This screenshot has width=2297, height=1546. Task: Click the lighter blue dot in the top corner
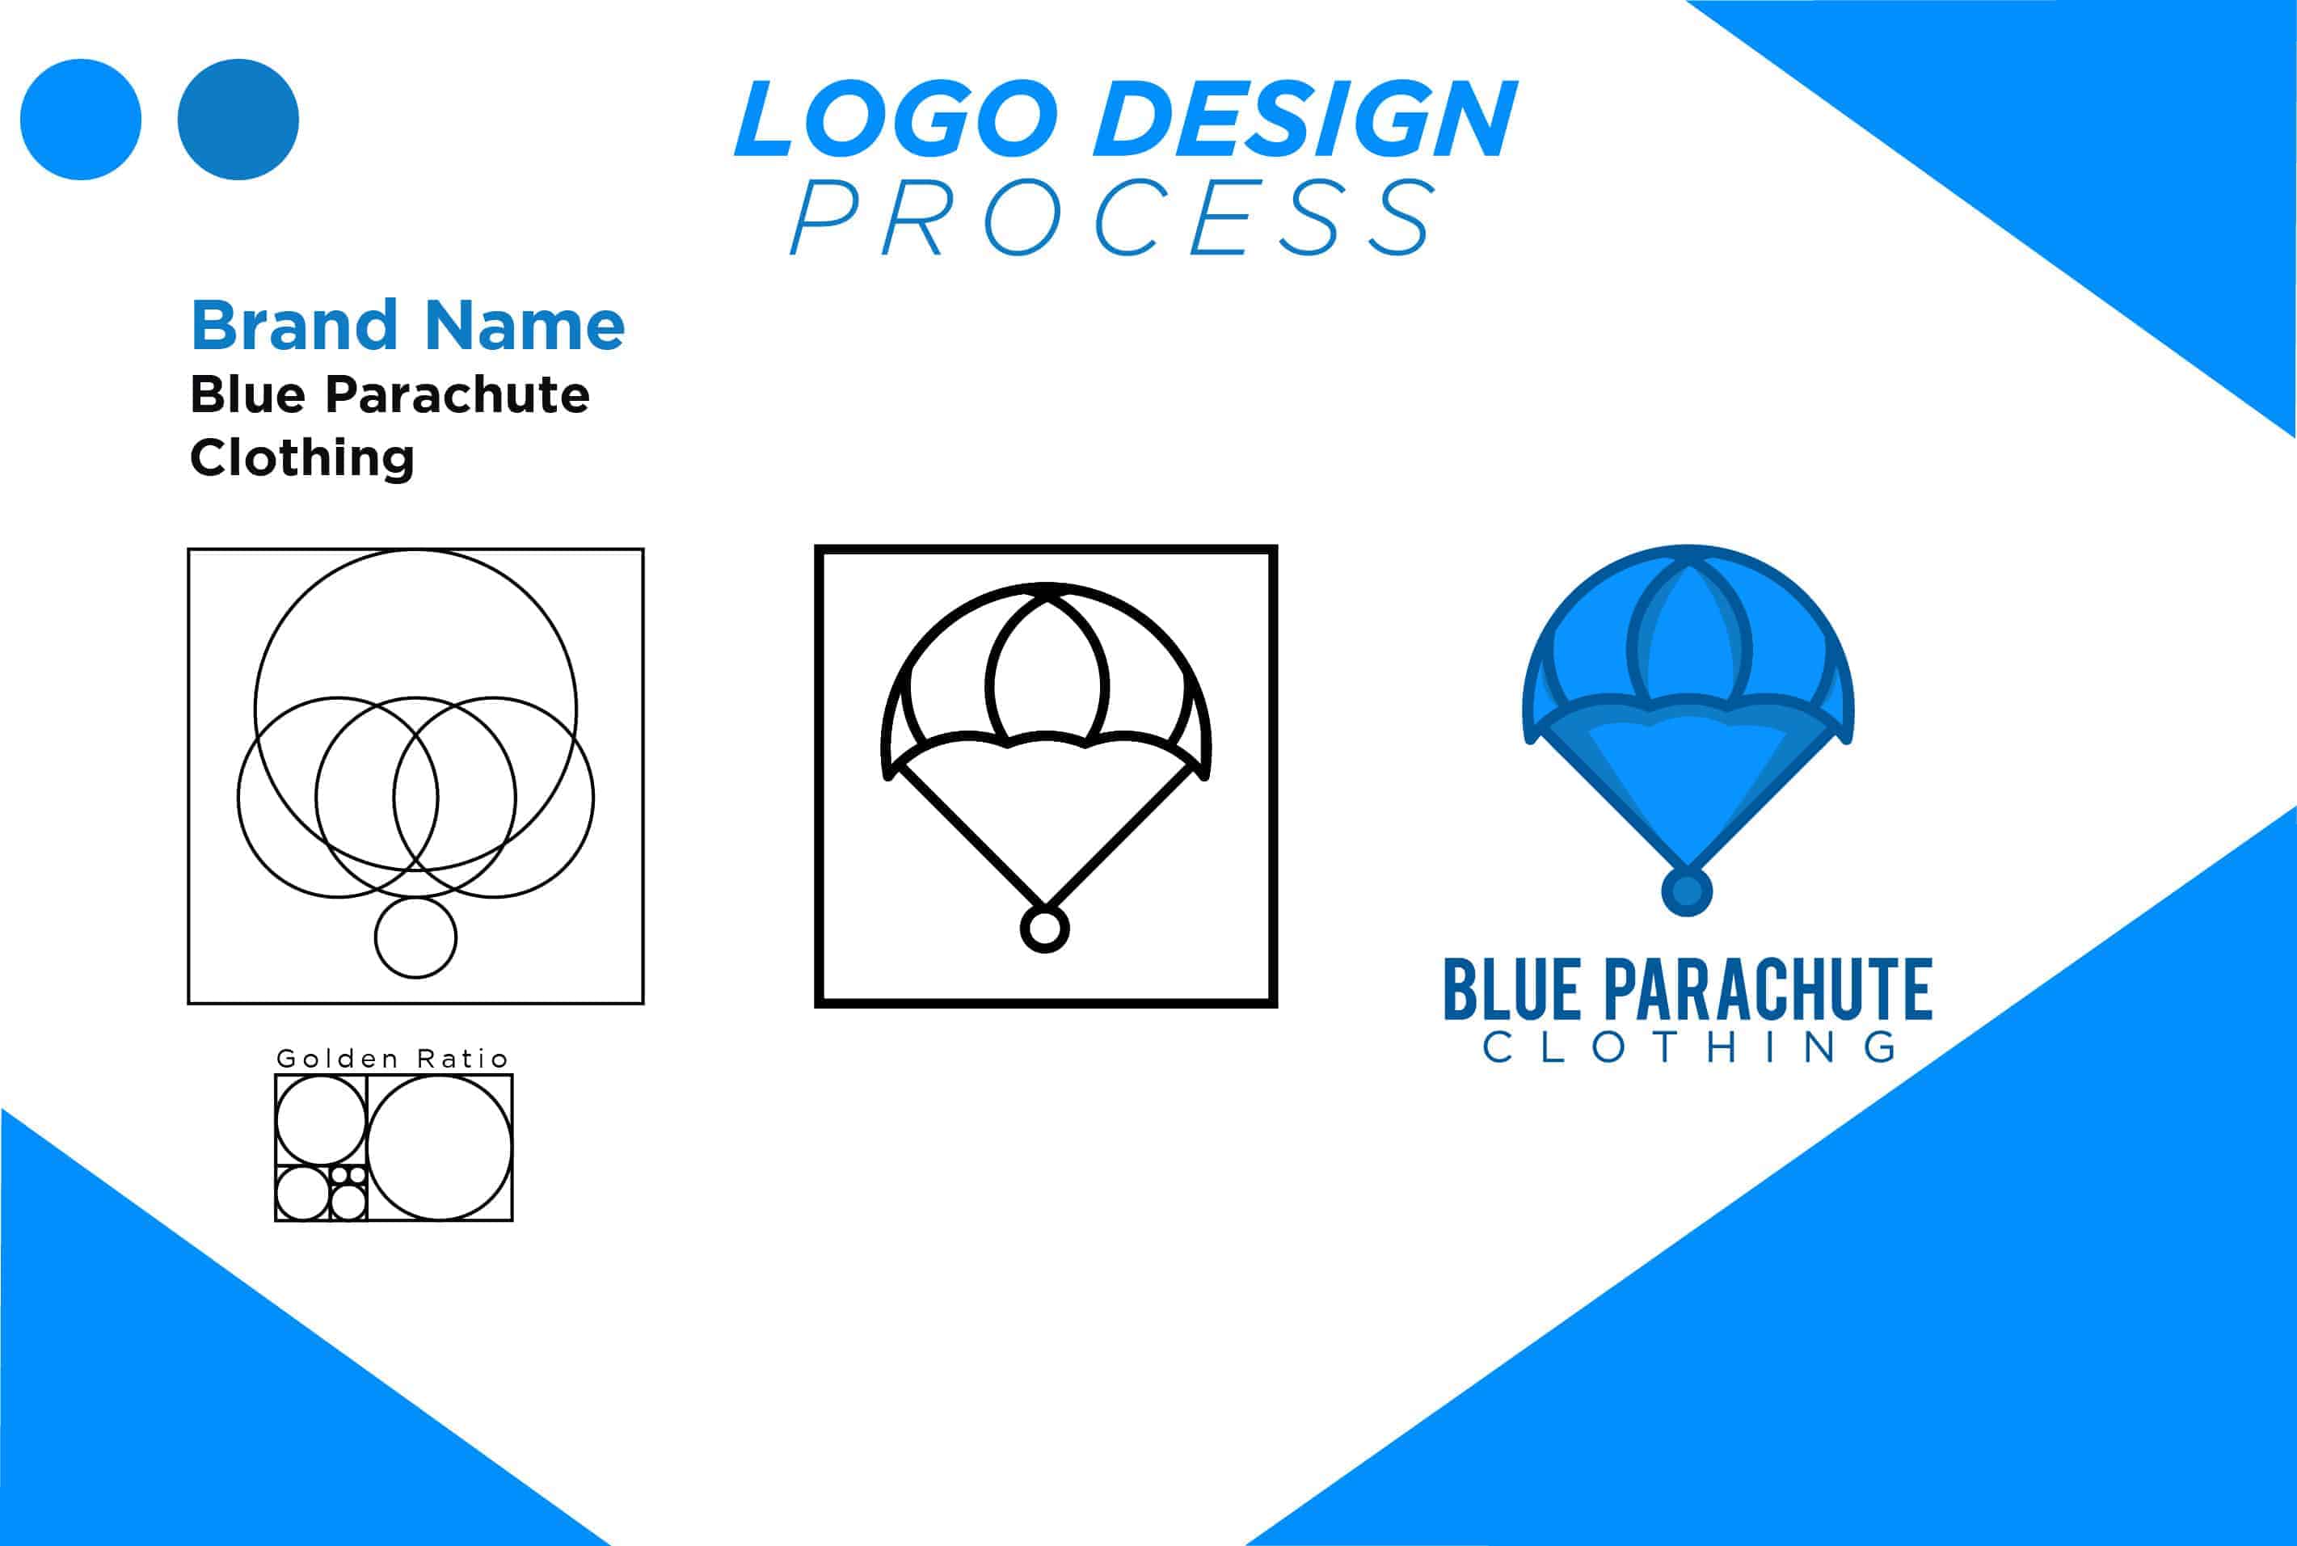[81, 120]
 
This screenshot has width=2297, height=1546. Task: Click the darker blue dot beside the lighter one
[238, 120]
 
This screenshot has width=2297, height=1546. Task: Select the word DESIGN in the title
[1305, 120]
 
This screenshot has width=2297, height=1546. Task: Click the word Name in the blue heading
[525, 326]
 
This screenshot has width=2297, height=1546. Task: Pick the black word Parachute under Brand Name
[457, 394]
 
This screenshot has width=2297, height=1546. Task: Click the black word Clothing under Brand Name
[301, 457]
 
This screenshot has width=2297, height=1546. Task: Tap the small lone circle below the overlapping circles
[415, 937]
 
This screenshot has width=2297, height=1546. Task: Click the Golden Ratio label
[392, 1059]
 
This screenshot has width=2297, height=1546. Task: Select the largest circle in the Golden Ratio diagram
[440, 1148]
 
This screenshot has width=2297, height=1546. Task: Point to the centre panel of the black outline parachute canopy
[1046, 680]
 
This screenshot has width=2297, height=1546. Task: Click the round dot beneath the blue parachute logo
[1687, 891]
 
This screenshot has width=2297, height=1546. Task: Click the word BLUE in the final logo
[1511, 991]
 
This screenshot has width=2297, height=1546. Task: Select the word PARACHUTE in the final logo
[1768, 991]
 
